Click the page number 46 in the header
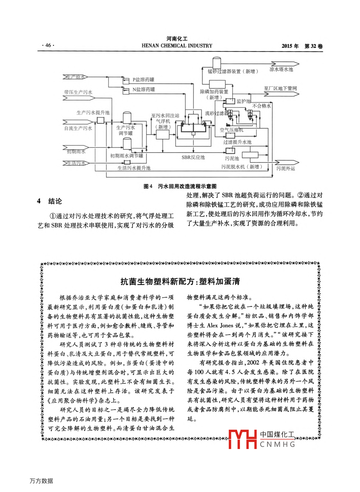pyautogui.click(x=48, y=45)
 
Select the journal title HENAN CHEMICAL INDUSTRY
pyautogui.click(x=177, y=46)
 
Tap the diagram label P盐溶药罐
pyautogui.click(x=143, y=80)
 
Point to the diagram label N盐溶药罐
pyautogui.click(x=144, y=89)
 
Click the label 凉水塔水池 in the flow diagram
pyautogui.click(x=281, y=70)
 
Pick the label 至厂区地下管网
pyautogui.click(x=280, y=89)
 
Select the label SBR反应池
pyautogui.click(x=193, y=157)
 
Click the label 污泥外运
pyautogui.click(x=286, y=169)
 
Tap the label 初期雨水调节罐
pyautogui.click(x=126, y=156)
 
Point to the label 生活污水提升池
pyautogui.click(x=134, y=168)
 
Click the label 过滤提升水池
pyautogui.click(x=237, y=142)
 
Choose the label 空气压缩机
pyautogui.click(x=231, y=130)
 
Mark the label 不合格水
pyautogui.click(x=262, y=106)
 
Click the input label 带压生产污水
pyautogui.click(x=78, y=92)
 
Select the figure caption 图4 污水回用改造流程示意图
pyautogui.click(x=180, y=186)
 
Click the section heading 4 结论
pyautogui.click(x=50, y=201)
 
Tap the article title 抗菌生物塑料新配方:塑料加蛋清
pyautogui.click(x=180, y=281)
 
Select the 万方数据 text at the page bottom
pyautogui.click(x=41, y=481)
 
